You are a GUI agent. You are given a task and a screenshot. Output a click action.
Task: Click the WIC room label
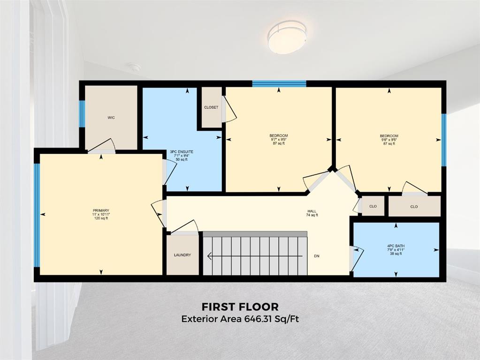(x=111, y=118)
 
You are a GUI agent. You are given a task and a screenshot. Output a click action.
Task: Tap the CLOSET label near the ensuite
(x=211, y=107)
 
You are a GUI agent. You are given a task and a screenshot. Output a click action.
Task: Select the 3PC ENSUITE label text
(x=182, y=152)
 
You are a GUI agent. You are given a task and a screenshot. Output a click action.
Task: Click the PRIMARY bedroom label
(x=101, y=210)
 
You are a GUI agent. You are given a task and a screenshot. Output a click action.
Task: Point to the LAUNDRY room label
(x=183, y=255)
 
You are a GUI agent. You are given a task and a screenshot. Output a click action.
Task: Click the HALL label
(x=312, y=211)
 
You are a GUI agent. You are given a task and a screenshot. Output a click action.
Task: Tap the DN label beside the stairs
(x=317, y=256)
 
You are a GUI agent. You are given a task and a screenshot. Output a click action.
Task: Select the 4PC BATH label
(x=396, y=246)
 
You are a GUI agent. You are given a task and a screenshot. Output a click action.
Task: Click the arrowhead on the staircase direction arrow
(x=210, y=255)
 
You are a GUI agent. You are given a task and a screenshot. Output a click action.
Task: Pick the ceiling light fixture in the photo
(x=287, y=37)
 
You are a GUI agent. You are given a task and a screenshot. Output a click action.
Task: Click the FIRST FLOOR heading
(x=240, y=307)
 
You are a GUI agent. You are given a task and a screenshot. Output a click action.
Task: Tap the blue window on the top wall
(x=279, y=84)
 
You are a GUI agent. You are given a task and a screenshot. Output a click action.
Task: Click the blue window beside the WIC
(x=82, y=114)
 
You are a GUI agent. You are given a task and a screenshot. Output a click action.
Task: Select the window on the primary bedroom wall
(x=37, y=215)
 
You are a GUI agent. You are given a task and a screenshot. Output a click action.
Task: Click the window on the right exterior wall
(x=443, y=140)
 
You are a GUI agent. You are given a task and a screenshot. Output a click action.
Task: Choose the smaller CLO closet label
(x=373, y=206)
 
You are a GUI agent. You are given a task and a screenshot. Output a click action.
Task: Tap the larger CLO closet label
(x=414, y=207)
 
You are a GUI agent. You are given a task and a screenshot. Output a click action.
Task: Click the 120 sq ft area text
(x=101, y=218)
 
